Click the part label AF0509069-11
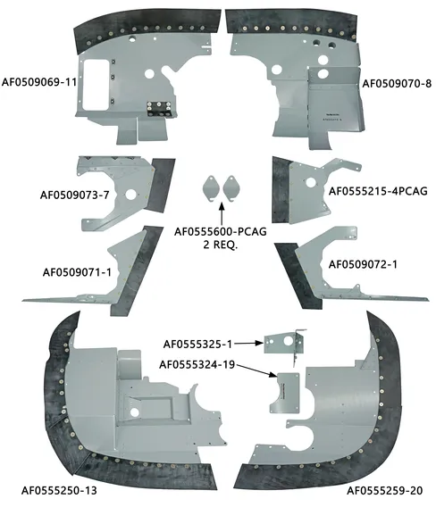39,82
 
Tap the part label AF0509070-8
397,84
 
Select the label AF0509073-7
75,195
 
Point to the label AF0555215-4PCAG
378,191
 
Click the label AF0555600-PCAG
221,232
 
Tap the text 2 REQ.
221,245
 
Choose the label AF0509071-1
77,272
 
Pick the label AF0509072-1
363,264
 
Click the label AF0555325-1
197,345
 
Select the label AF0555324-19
197,365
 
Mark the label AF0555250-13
59,491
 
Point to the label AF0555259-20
385,491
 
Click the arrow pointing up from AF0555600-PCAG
222,213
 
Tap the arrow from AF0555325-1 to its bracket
249,344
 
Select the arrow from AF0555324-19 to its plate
256,370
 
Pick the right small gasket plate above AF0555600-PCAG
231,188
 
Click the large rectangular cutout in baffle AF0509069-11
96,84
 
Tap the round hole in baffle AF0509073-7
131,195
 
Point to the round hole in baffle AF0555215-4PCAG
310,183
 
